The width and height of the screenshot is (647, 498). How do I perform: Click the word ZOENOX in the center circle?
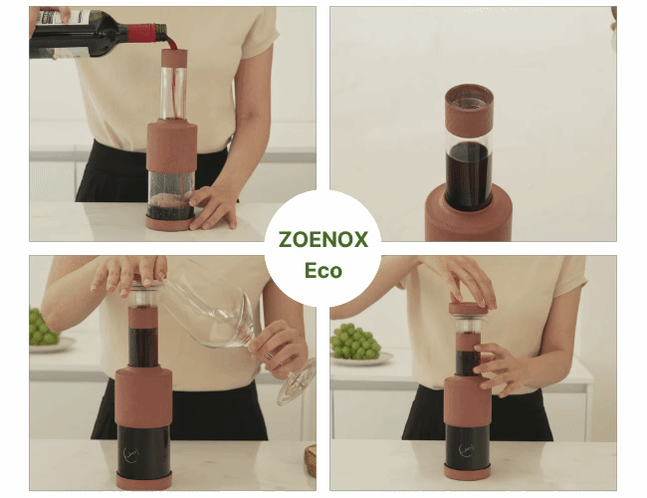click(323, 239)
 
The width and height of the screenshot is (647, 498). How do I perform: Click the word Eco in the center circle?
click(323, 271)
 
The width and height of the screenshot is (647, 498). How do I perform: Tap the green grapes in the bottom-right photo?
click(355, 341)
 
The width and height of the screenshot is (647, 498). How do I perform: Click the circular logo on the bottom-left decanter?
click(131, 454)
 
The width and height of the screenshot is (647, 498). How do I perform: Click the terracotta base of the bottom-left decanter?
click(144, 481)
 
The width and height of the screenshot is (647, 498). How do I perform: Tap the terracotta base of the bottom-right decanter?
click(467, 472)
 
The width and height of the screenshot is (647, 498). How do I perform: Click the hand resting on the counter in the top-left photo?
click(214, 205)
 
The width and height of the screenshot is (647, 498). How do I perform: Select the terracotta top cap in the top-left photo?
click(174, 58)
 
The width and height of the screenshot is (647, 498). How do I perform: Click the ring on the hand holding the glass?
click(268, 356)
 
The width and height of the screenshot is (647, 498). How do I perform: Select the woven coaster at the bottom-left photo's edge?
click(311, 460)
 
